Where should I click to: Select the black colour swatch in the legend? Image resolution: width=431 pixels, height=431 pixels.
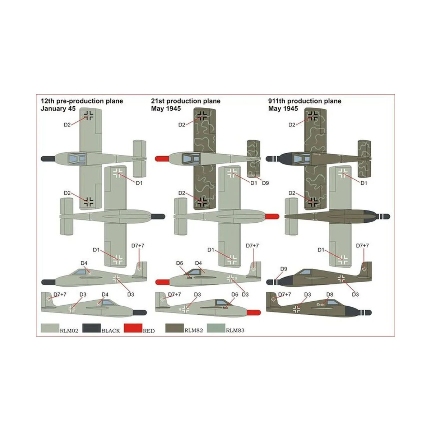tap(92, 328)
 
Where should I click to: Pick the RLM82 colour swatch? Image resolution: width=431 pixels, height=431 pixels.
tap(174, 328)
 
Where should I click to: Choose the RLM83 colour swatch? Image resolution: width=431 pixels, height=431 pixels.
tap(215, 328)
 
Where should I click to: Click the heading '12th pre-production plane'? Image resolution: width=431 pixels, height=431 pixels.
tap(82, 101)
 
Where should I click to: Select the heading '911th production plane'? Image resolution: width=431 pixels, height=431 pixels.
tap(305, 101)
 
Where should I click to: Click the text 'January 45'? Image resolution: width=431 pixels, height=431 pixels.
tap(58, 108)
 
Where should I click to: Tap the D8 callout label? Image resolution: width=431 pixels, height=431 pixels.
tap(330, 295)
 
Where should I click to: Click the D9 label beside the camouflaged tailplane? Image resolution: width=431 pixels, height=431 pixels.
tap(265, 183)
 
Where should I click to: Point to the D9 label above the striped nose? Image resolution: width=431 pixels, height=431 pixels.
tap(283, 269)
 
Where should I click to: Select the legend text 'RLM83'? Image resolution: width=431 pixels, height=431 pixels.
tap(235, 330)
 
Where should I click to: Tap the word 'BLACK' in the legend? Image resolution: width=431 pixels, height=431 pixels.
tap(111, 330)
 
